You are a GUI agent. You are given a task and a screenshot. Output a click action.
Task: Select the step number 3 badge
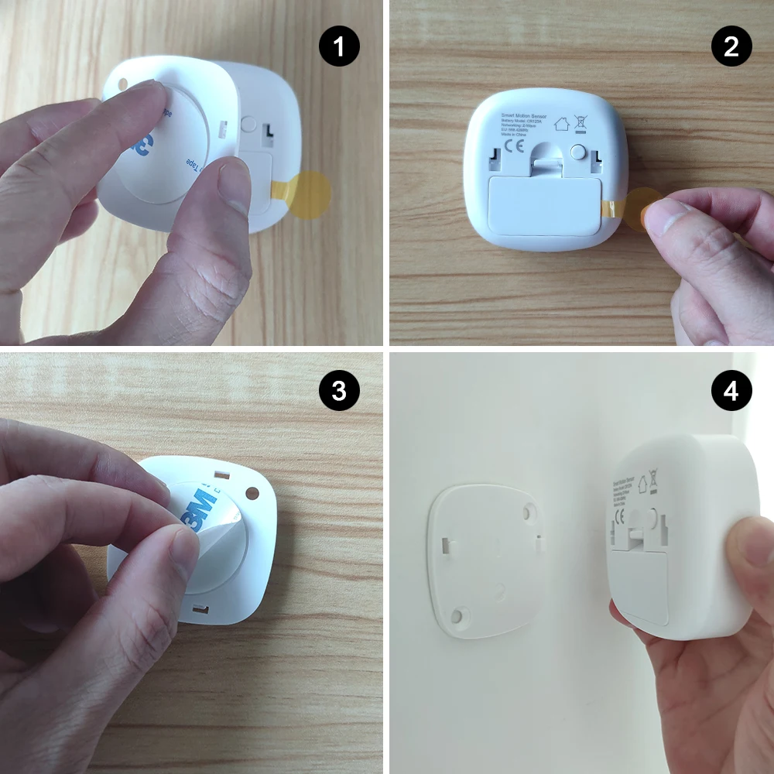(x=339, y=391)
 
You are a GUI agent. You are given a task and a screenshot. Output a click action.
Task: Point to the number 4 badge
(x=731, y=391)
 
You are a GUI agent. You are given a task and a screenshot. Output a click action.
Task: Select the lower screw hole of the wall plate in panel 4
(x=457, y=615)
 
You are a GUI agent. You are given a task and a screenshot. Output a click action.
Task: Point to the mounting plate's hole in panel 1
(x=123, y=83)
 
